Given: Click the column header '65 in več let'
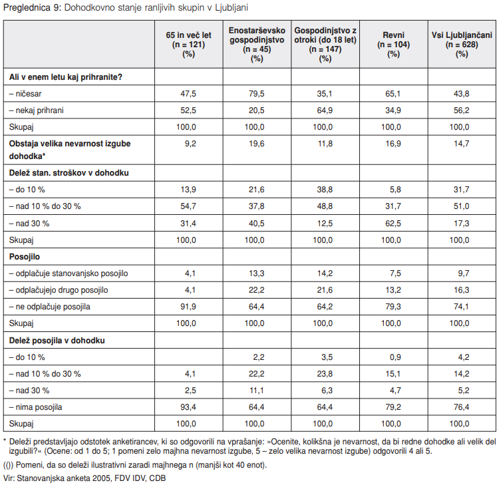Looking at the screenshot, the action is coord(188,35).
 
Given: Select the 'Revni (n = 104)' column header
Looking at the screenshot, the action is coord(393,44).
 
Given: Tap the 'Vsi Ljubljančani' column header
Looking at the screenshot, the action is coord(462,35).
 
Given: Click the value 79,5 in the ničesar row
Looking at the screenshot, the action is coord(257,94).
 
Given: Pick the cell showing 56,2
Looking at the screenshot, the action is coord(462,110).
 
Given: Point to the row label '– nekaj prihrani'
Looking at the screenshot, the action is coord(37,110).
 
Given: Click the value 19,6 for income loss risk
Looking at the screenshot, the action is coord(257,144).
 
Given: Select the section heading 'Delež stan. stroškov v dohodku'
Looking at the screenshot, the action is coord(69,173).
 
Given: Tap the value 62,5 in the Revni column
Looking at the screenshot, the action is coord(393,223).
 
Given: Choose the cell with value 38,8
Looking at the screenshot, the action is coord(325,190).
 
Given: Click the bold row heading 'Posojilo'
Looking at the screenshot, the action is coord(25,257).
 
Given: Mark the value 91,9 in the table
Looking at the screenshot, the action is coord(188,307).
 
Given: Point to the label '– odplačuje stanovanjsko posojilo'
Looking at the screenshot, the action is coord(69,273).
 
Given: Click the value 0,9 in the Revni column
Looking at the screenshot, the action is coord(395,357).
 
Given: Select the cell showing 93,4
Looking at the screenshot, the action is coord(188,407).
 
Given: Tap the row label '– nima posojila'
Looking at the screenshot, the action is coord(36,407).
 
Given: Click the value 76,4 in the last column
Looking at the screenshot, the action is coord(462,407).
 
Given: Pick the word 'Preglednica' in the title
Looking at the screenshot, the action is coord(27,7).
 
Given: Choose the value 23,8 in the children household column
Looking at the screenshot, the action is coord(325,374).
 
